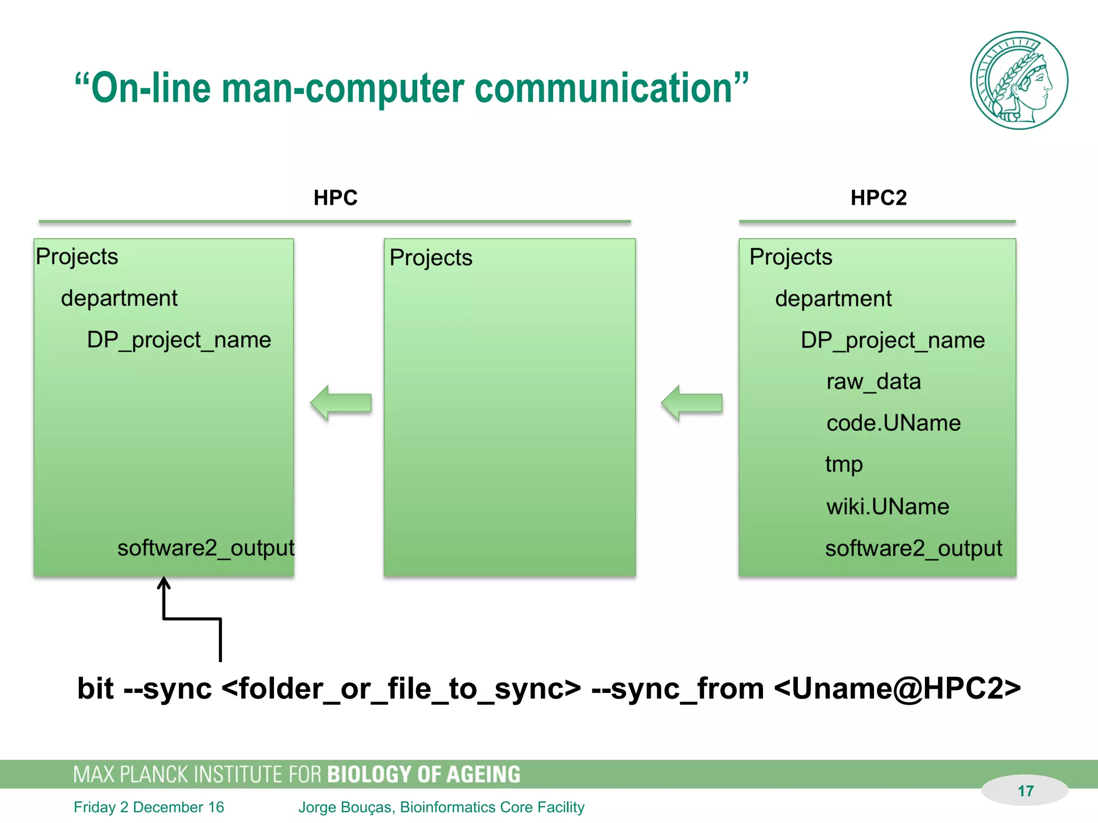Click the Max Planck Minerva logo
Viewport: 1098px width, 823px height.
click(1019, 80)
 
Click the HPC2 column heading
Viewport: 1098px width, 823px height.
click(878, 198)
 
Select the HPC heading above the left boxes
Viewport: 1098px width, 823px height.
click(335, 198)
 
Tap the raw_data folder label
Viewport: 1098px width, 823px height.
click(873, 381)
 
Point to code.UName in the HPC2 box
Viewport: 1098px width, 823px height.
click(893, 423)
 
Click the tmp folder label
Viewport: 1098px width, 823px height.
click(844, 465)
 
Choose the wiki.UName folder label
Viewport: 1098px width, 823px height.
click(887, 506)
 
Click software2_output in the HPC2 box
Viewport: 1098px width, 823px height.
click(913, 548)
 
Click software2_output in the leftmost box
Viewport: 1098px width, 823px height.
click(206, 548)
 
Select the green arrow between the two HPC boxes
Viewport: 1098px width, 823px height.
click(341, 403)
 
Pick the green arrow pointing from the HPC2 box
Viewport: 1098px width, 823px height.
click(692, 403)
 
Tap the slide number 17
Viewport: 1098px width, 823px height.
click(1025, 791)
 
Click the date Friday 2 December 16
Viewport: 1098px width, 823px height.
click(149, 807)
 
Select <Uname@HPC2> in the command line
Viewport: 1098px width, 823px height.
click(897, 689)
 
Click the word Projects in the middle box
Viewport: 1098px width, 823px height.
click(431, 258)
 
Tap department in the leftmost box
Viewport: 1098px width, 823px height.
click(119, 298)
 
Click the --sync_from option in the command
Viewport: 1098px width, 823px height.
click(678, 689)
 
